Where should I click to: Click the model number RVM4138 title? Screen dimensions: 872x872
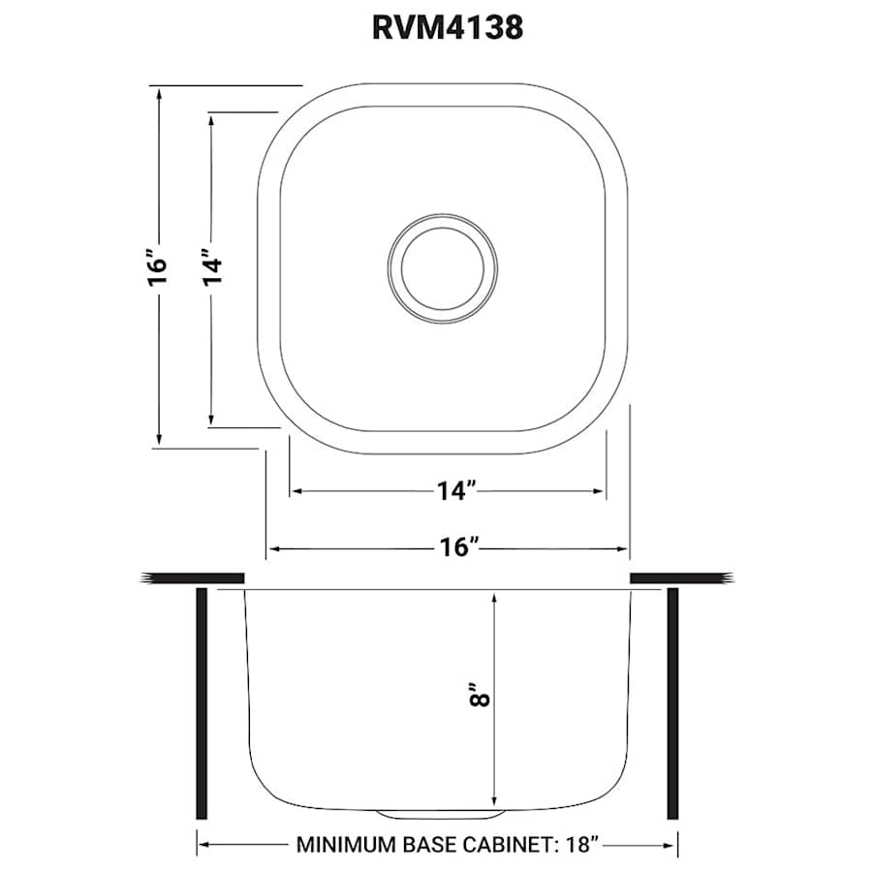(x=447, y=27)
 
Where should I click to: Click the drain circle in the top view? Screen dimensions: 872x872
(x=441, y=264)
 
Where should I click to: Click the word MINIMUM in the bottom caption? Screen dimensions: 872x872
(x=344, y=844)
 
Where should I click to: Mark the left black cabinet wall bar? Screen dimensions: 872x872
(x=202, y=703)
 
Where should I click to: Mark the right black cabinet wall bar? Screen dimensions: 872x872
(x=672, y=703)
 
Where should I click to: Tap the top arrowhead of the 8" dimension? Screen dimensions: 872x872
(x=494, y=597)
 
